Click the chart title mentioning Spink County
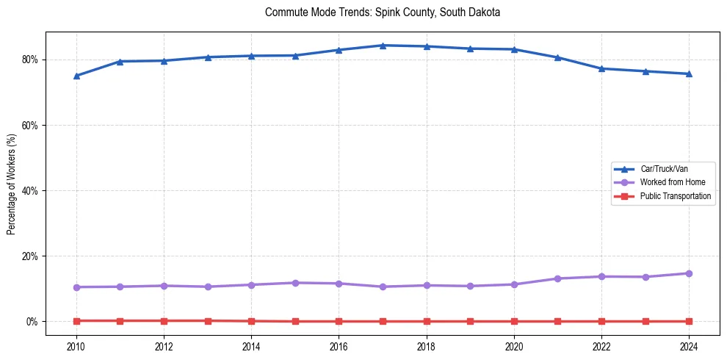point(383,12)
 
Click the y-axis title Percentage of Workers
point(12,184)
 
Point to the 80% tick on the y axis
point(32,60)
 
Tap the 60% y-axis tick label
point(32,126)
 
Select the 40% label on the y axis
point(32,191)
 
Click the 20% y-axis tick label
point(32,256)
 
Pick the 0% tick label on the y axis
point(34,322)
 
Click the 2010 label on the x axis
point(76,345)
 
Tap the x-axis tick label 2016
point(339,345)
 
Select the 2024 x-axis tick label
point(689,345)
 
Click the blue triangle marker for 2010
point(76,76)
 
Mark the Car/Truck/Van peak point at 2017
point(383,46)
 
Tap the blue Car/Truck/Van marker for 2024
point(689,73)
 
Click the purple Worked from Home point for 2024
point(689,273)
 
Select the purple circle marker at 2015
point(295,283)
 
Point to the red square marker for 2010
point(76,321)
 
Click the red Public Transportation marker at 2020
point(514,322)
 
